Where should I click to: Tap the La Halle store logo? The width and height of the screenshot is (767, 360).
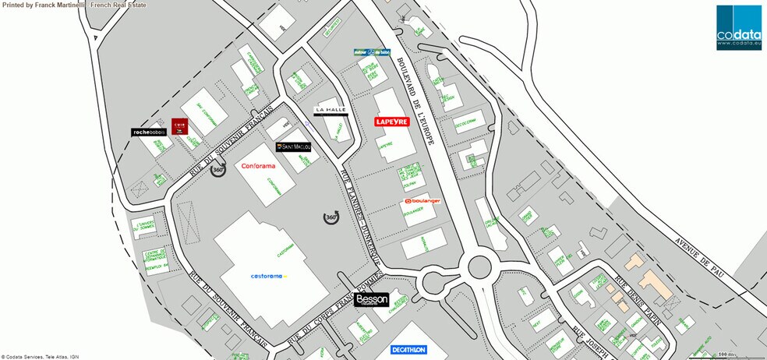pyautogui.click(x=328, y=111)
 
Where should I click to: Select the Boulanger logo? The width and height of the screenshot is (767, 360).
pyautogui.click(x=422, y=201)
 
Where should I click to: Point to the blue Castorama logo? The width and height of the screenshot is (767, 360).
pyautogui.click(x=269, y=276)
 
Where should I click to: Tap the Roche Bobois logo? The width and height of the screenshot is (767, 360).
pyautogui.click(x=149, y=132)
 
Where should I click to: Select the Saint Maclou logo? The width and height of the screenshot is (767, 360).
pyautogui.click(x=294, y=146)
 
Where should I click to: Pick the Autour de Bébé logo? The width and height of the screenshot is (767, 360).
pyautogui.click(x=370, y=51)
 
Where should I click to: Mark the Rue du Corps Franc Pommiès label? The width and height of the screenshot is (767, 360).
pyautogui.click(x=330, y=314)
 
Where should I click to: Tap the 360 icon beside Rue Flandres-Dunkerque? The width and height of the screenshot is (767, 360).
pyautogui.click(x=331, y=217)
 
